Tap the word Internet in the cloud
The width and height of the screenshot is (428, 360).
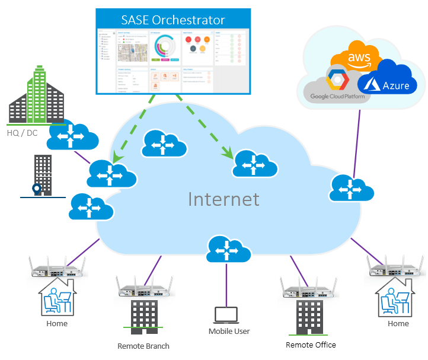[223, 199]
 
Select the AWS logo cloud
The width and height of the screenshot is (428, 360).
[358, 58]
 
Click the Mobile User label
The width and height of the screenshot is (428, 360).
[229, 332]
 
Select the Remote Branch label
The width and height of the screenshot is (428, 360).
[143, 346]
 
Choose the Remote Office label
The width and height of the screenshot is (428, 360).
[311, 345]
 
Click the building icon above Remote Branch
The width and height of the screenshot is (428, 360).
[144, 317]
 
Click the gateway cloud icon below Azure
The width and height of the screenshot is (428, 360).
[352, 188]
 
